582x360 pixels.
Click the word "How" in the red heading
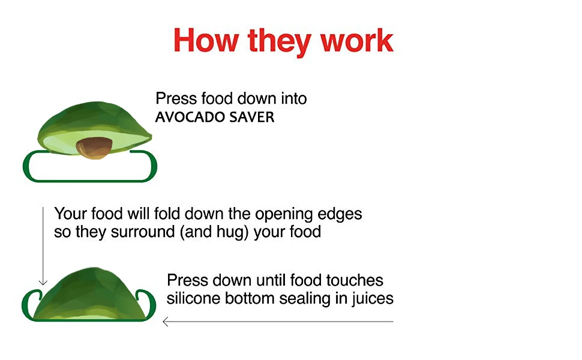[x=206, y=40]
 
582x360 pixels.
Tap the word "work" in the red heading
[x=356, y=40]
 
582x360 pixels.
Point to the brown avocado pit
[x=94, y=148]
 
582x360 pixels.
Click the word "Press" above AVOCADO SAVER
[x=176, y=99]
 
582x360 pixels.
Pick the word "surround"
[x=142, y=232]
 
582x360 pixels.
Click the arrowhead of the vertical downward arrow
[x=43, y=282]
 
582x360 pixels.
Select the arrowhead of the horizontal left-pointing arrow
[x=166, y=322]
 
